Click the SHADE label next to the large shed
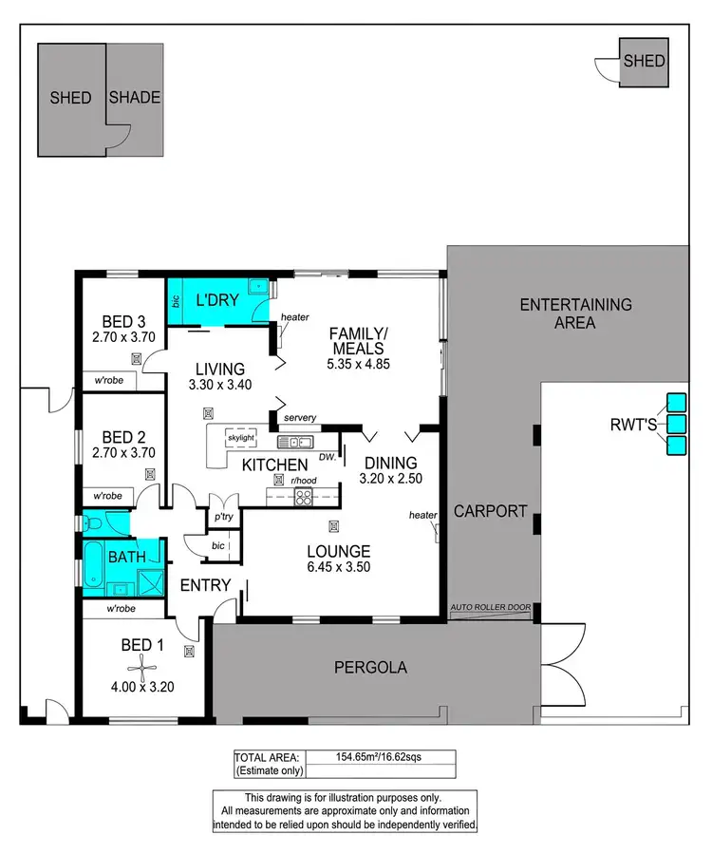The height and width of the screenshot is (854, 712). pyautogui.click(x=134, y=97)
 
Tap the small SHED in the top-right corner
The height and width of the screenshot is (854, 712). pyautogui.click(x=645, y=62)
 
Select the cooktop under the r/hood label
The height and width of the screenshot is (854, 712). pyautogui.click(x=303, y=495)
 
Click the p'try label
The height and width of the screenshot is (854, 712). pyautogui.click(x=223, y=518)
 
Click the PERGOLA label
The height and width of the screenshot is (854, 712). pyautogui.click(x=371, y=668)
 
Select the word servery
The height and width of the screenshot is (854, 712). pyautogui.click(x=300, y=418)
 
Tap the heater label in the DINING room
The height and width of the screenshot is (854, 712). pyautogui.click(x=422, y=516)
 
